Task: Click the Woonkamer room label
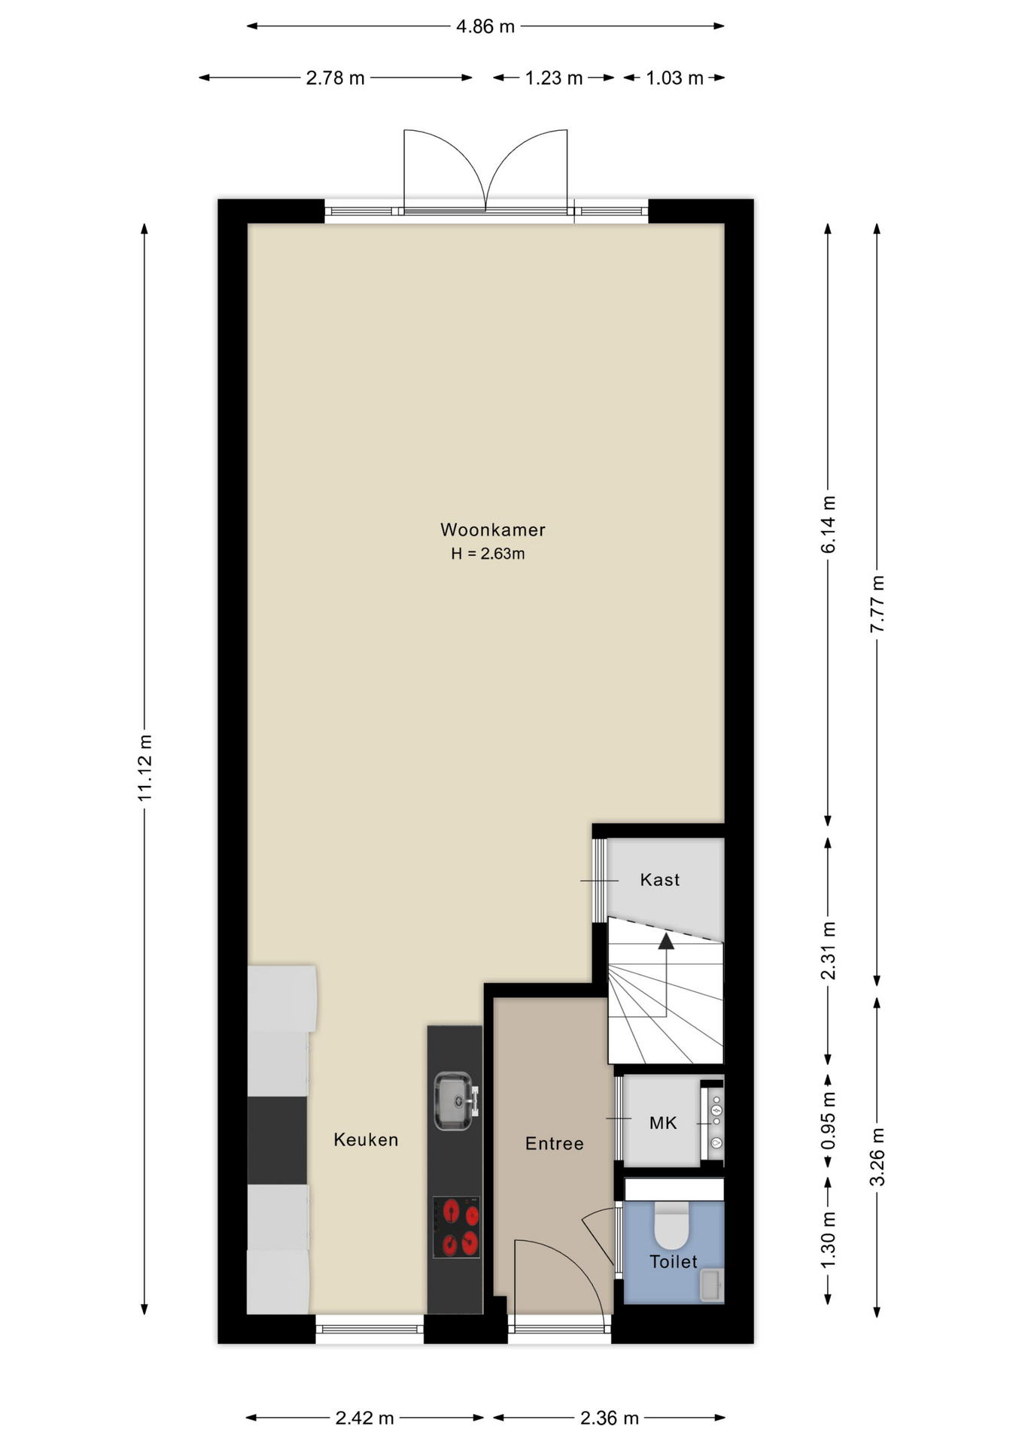[x=493, y=529]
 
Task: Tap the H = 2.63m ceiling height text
[x=488, y=554]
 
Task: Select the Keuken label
[x=366, y=1140]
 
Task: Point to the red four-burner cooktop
[x=457, y=1227]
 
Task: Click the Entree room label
[x=555, y=1144]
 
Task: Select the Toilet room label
[x=674, y=1261]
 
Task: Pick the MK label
[x=663, y=1123]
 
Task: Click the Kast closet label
[x=660, y=880]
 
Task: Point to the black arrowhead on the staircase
[x=666, y=941]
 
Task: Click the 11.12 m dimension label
[x=145, y=768]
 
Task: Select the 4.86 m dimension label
[x=485, y=27]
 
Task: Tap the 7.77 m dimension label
[x=878, y=604]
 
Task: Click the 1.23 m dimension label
[x=554, y=78]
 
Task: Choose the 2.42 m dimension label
[x=365, y=1418]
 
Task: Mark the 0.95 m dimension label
[x=829, y=1121]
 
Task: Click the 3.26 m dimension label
[x=878, y=1157]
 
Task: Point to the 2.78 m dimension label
[x=336, y=78]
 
